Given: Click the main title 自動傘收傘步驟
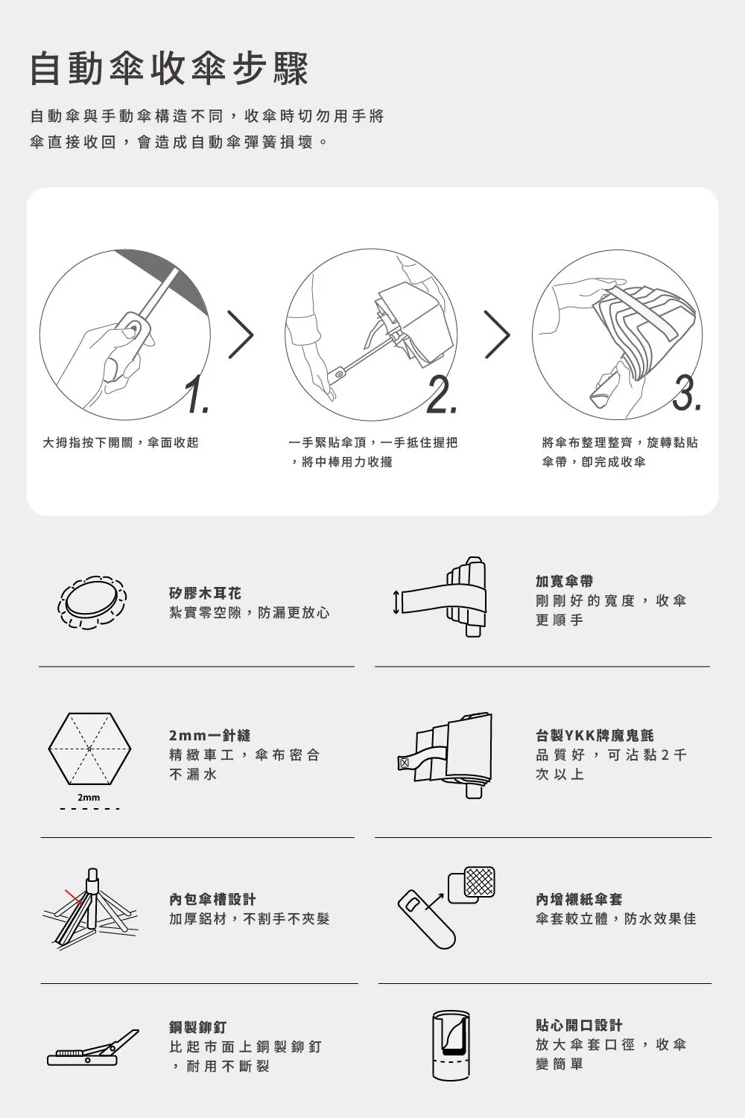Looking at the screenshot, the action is click(169, 69).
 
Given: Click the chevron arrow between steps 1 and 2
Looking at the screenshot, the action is click(241, 334).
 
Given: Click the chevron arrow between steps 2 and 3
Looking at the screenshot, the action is click(498, 334).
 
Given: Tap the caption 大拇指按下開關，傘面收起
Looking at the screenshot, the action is click(121, 442).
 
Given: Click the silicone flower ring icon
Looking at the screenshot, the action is click(92, 602).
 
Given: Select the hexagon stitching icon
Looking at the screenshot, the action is click(89, 749).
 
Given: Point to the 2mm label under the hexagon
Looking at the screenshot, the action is click(89, 798).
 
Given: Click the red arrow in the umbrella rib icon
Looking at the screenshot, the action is click(74, 896).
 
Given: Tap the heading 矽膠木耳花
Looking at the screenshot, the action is click(205, 593).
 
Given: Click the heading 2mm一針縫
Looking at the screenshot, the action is click(210, 735).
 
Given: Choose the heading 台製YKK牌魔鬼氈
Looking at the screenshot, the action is click(595, 735).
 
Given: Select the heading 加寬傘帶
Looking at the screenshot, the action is click(564, 581).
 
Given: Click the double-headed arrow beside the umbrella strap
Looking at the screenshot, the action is click(396, 602).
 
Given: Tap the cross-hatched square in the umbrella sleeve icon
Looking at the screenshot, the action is click(479, 882).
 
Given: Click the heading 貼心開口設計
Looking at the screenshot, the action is click(579, 1025).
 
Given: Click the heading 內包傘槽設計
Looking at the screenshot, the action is click(213, 900).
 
